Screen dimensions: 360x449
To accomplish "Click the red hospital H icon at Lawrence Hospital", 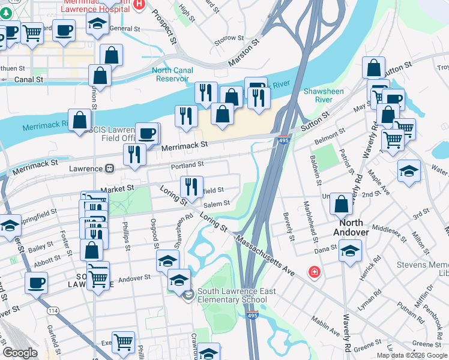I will coord(140,4).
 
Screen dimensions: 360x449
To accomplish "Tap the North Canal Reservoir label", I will coord(172,74).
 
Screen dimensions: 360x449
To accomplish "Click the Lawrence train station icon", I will coord(110,169).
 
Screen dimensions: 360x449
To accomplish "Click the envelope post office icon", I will coord(188,295).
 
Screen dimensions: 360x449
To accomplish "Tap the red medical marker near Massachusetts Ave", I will coord(313,272).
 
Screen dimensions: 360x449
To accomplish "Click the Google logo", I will coord(20,353).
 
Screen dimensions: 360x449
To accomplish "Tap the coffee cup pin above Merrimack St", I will coord(147,132).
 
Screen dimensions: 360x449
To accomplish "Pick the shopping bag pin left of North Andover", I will coord(341,203).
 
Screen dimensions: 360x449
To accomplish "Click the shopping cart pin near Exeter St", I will coord(123,342).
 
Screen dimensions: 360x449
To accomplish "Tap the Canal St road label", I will coord(29,79).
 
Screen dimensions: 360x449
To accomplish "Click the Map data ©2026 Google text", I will coord(411,355).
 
